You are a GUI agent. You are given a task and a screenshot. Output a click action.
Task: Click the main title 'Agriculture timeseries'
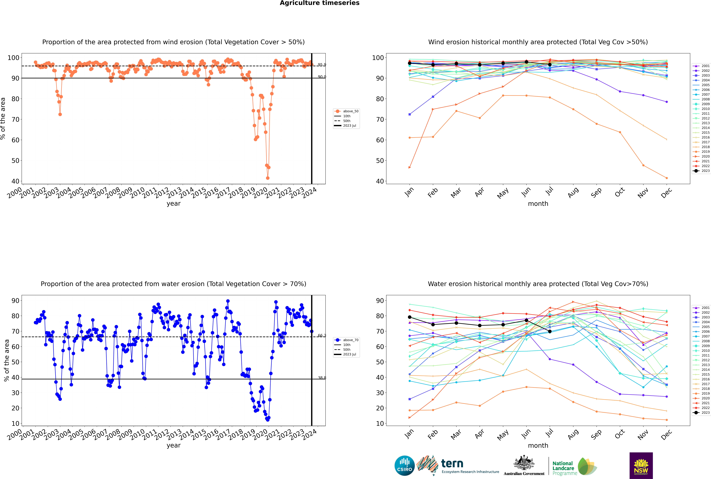[319, 3]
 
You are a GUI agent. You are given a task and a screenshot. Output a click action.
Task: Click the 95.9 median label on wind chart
[322, 65]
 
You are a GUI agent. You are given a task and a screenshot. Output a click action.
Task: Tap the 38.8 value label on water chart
[322, 378]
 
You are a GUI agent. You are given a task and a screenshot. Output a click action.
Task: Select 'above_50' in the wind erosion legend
[350, 111]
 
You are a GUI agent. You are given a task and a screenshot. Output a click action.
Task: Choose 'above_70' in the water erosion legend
[350, 340]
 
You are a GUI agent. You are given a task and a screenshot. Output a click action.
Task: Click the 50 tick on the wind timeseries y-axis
[15, 161]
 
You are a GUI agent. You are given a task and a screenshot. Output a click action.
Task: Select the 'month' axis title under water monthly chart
[538, 445]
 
